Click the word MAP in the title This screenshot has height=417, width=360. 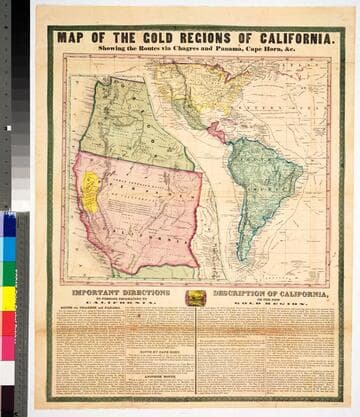[x=72, y=38]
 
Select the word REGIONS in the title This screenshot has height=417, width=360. [x=195, y=38]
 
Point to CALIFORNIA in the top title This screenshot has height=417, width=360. [x=286, y=38]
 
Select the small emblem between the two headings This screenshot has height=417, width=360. [x=196, y=297]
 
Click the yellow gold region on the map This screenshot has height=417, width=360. [x=91, y=191]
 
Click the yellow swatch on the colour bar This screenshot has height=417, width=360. [x=8, y=298]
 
